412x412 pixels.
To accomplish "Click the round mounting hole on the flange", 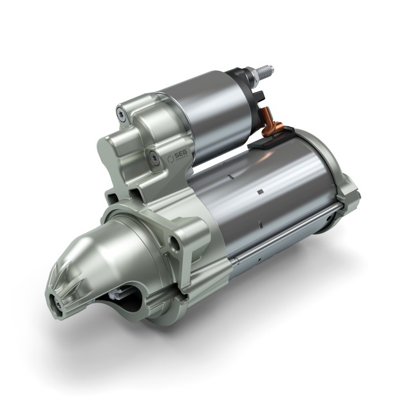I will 173,243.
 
